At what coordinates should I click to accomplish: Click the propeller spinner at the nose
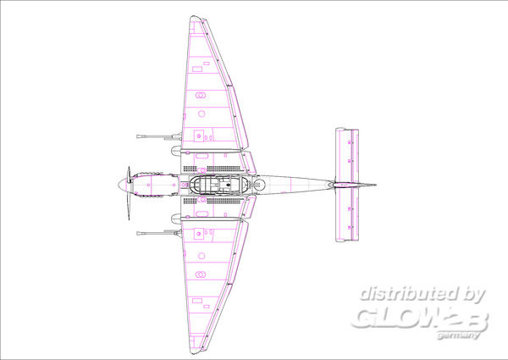[x=122, y=185]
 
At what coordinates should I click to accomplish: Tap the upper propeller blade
[x=129, y=174]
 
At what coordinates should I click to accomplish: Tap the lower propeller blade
[x=129, y=204]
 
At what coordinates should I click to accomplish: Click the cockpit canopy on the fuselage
[x=218, y=185]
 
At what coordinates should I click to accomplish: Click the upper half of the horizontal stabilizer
[x=347, y=154]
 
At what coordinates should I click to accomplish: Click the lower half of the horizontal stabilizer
[x=347, y=215]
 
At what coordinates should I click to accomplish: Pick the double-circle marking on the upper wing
[x=200, y=95]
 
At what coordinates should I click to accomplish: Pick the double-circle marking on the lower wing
[x=200, y=274]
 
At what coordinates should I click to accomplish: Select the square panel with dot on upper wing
[x=199, y=136]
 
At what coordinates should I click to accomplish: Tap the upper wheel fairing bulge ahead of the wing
[x=176, y=151]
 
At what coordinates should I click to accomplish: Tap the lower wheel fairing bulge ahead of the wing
[x=176, y=219]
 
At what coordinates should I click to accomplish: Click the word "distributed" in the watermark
[x=409, y=294]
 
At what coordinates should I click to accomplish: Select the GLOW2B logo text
[x=420, y=318]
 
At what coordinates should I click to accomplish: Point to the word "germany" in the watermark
[x=457, y=335]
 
